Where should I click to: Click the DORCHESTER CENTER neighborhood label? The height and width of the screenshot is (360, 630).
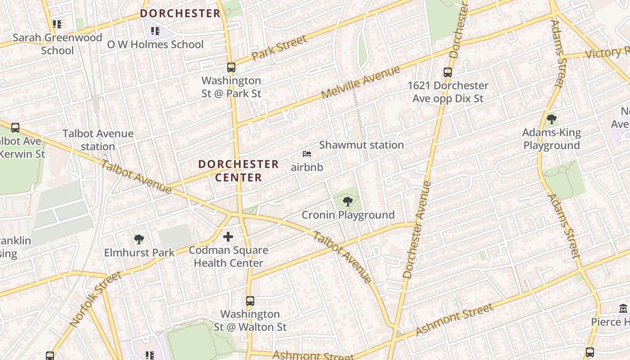point(238,171)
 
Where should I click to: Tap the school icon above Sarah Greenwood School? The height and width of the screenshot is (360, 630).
point(57,24)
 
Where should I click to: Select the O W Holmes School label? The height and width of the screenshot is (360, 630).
point(155,44)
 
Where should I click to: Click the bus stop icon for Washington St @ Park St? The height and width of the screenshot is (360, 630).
point(231,67)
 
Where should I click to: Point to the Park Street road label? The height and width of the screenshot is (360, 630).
point(279,47)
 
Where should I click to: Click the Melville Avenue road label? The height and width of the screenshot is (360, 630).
point(360,83)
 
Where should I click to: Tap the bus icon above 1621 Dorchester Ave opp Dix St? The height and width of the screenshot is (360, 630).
point(447,72)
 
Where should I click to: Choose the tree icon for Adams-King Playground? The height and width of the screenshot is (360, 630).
point(551,119)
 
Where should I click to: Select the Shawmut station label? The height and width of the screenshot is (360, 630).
point(361,145)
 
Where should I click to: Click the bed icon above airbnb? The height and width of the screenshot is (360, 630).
point(307,154)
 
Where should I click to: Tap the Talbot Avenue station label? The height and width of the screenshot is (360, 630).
point(98,140)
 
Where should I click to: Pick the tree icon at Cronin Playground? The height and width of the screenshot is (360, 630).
point(347,201)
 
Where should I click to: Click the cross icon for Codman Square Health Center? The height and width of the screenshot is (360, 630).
point(228,236)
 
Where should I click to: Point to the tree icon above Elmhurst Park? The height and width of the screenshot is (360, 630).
point(139,239)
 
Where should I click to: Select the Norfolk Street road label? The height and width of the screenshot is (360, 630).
point(95,299)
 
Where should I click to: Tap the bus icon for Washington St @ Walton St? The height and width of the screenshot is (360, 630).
point(250,301)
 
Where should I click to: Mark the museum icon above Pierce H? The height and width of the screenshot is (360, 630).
point(623,309)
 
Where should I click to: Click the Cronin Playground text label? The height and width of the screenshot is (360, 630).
point(348,215)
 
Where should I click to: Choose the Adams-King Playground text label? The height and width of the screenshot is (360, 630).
point(551,139)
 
